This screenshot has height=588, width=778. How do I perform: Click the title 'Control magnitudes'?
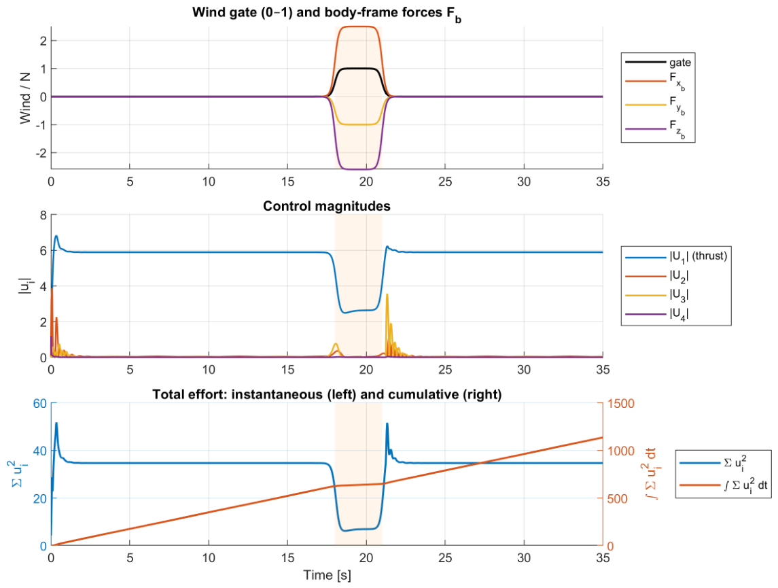[x=326, y=206]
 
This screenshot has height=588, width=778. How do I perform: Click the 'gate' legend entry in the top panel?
[x=658, y=62]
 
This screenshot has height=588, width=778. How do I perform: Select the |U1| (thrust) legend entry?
[x=676, y=256]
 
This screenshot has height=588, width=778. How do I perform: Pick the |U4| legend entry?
[x=657, y=313]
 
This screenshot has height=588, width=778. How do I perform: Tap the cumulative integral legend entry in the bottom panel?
[x=724, y=485]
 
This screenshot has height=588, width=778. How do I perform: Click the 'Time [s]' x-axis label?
[x=327, y=575]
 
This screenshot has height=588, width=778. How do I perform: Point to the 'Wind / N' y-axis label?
[x=25, y=98]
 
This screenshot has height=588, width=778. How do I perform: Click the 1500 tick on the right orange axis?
[x=621, y=403]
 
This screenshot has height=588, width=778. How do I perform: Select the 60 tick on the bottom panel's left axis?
[x=39, y=403]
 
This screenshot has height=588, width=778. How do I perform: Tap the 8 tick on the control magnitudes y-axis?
[x=43, y=215]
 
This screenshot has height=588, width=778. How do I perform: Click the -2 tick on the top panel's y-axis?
[x=41, y=154]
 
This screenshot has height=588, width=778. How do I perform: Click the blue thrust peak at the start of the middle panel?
[x=56, y=236]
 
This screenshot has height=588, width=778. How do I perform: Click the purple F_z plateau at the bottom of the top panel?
[x=357, y=169]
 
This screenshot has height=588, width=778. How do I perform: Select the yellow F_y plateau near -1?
[x=357, y=124]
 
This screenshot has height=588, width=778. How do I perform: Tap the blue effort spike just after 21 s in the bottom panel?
[x=387, y=423]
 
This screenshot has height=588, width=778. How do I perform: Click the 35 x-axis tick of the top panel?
[x=602, y=181]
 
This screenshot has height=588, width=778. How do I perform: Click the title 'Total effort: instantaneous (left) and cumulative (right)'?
[x=327, y=394]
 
